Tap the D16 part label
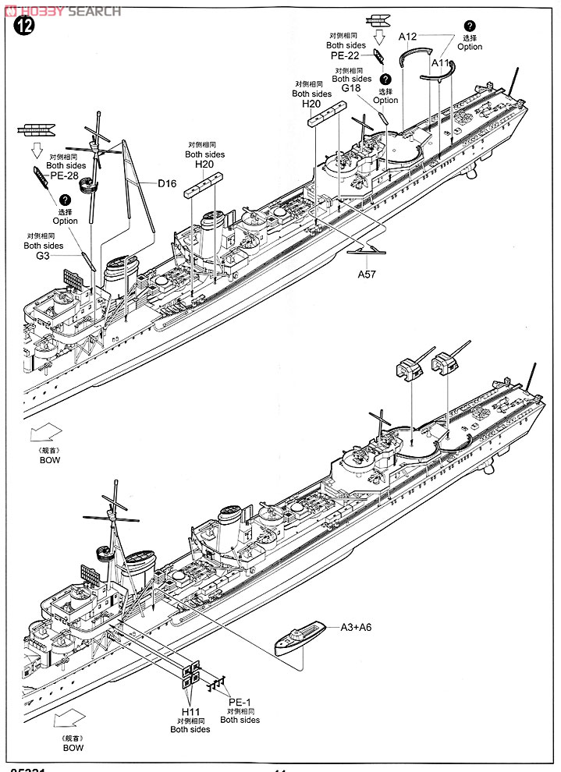(x=167, y=183)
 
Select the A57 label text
(x=367, y=274)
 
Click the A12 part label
(x=410, y=36)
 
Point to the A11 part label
(x=442, y=62)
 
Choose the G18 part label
(x=351, y=89)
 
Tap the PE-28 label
(x=66, y=175)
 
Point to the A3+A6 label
(x=356, y=626)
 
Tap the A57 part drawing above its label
(x=367, y=250)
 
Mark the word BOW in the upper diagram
(x=50, y=460)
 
